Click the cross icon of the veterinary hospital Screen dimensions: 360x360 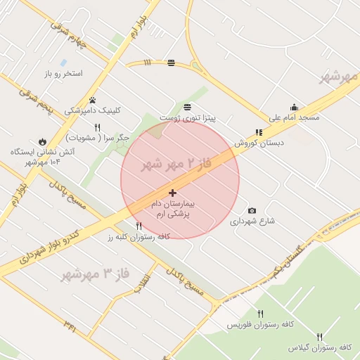[x=173, y=193]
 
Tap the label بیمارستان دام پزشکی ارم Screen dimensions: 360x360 [x=173, y=208]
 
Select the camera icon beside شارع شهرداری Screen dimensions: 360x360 [x=252, y=210]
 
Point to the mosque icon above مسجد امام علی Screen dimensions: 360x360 [x=294, y=107]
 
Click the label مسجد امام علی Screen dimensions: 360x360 [x=294, y=117]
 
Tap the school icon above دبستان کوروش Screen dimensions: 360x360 [x=259, y=132]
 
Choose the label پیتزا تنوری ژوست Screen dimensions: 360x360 [x=187, y=117]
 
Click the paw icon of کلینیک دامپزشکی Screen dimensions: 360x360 [x=93, y=100]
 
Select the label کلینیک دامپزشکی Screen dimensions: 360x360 [x=93, y=110]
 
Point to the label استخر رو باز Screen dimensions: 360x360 [x=63, y=73]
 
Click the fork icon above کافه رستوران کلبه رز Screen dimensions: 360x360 [x=139, y=226]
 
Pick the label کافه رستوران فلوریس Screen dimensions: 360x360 [x=259, y=326]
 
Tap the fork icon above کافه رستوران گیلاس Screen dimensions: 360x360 [x=320, y=337]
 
